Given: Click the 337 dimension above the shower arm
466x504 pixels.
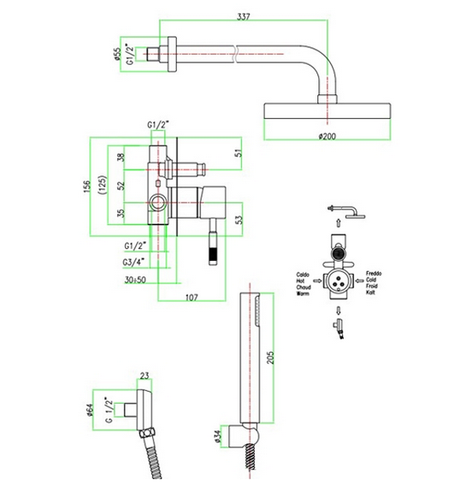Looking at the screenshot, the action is [243, 16].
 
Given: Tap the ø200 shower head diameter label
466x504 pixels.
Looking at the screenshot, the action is [327, 136].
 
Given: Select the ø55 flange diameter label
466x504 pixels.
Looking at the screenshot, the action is [117, 54].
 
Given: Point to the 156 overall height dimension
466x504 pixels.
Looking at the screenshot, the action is [86, 187].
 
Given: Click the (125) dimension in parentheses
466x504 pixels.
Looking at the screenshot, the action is [102, 185].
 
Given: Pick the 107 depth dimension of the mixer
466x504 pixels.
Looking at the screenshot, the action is [192, 298].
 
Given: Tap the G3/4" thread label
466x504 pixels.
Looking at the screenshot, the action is [133, 262].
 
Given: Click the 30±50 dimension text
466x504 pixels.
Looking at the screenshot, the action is [135, 280].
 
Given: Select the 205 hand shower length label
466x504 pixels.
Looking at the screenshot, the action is [271, 358].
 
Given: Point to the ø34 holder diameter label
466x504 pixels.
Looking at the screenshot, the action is [218, 437].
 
